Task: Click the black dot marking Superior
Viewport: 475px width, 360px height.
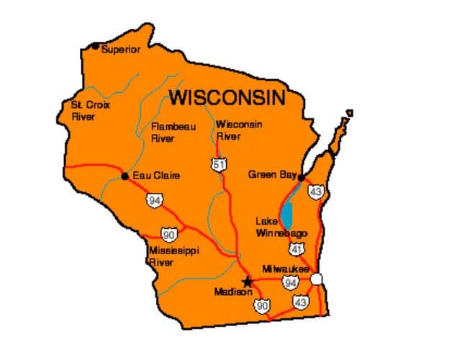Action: [95, 46]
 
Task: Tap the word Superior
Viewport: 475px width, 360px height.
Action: [121, 50]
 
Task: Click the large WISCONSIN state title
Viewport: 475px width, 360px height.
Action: [227, 97]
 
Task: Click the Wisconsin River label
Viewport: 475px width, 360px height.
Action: [238, 130]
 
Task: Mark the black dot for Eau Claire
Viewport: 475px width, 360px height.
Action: [125, 176]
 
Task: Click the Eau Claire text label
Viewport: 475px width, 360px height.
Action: [156, 176]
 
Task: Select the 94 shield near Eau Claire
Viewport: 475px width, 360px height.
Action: [154, 200]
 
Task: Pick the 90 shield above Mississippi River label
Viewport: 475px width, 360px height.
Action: [169, 235]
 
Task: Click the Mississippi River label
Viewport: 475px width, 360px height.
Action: [173, 256]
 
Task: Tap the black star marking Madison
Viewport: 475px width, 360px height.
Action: [248, 282]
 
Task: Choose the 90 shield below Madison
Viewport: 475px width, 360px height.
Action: [261, 306]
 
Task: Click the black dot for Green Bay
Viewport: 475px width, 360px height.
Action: [302, 177]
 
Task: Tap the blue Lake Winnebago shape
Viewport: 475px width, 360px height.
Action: [287, 212]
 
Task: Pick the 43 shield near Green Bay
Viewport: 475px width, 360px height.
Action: [315, 192]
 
